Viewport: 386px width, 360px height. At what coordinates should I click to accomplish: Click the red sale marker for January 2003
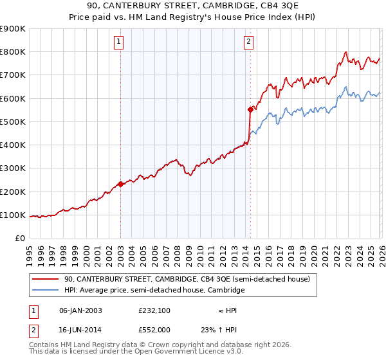121,184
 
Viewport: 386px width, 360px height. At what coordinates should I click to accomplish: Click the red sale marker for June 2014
250,110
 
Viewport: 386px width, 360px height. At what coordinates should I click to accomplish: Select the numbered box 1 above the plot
120,42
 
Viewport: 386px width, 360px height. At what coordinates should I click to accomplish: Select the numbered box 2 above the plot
249,42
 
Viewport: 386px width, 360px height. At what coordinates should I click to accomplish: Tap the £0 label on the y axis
20,239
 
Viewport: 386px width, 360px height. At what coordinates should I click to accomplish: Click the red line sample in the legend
46,279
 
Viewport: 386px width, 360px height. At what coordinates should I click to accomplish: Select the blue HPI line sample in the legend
46,291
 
